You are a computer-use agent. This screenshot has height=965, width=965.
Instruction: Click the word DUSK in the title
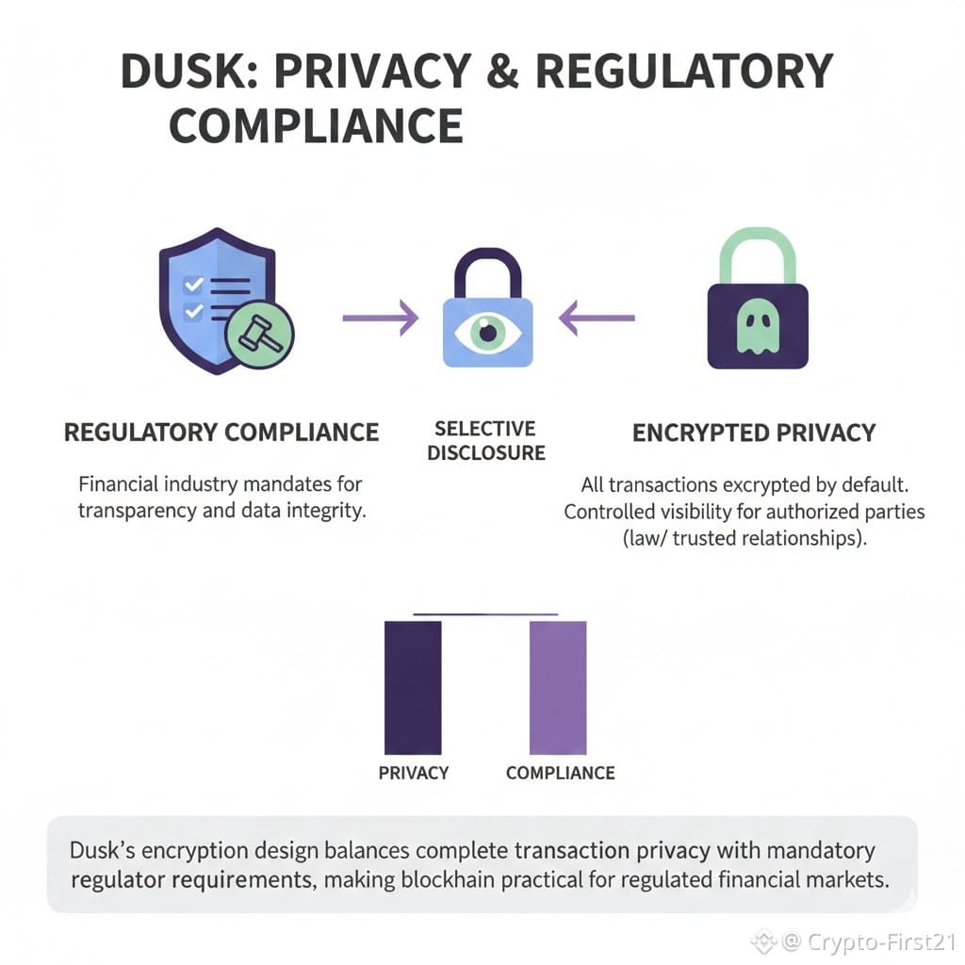194,73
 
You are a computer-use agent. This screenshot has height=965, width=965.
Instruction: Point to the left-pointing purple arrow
596,318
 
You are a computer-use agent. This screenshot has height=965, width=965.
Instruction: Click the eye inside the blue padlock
487,331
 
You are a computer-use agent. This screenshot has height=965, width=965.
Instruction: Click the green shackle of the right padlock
757,253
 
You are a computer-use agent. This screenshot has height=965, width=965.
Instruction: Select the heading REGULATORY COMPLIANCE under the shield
221,433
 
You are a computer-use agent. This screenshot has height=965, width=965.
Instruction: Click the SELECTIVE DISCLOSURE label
486,441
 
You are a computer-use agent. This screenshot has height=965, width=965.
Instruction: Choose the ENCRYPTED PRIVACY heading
754,433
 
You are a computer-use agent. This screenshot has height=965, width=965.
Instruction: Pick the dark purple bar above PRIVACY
413,687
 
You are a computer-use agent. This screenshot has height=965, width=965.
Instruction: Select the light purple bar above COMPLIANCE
558,687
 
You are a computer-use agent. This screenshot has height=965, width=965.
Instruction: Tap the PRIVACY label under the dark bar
413,773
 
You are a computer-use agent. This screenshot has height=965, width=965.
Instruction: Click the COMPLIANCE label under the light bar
560,773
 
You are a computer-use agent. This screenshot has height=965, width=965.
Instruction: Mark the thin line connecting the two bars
485,614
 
